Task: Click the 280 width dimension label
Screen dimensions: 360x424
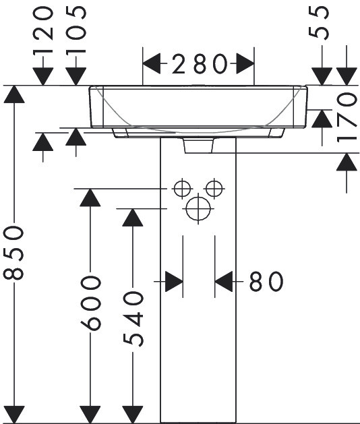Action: [200, 64]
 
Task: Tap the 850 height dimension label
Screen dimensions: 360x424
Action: [13, 253]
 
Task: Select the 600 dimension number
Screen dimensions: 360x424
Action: [90, 303]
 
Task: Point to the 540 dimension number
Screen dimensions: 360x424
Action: [133, 319]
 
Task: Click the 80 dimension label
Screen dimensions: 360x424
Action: [266, 282]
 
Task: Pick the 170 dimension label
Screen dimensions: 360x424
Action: [347, 117]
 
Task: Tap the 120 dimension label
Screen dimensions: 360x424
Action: [43, 31]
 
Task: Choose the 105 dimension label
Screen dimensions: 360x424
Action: [76, 31]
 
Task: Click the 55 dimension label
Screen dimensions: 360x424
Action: [319, 23]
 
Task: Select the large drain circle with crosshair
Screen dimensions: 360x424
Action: [198, 209]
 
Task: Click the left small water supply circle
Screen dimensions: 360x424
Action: [182, 188]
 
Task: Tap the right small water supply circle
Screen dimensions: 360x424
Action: [214, 188]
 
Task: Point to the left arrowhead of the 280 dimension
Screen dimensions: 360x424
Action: [152, 64]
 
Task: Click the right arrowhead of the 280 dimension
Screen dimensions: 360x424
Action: [245, 64]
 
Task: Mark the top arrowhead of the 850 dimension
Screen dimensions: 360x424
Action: [14, 94]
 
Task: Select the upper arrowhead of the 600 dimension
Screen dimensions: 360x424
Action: [90, 198]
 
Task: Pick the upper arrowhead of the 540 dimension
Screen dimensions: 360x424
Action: [133, 218]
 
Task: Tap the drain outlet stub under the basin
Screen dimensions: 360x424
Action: [198, 146]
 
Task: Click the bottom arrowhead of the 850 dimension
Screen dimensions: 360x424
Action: [14, 415]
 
